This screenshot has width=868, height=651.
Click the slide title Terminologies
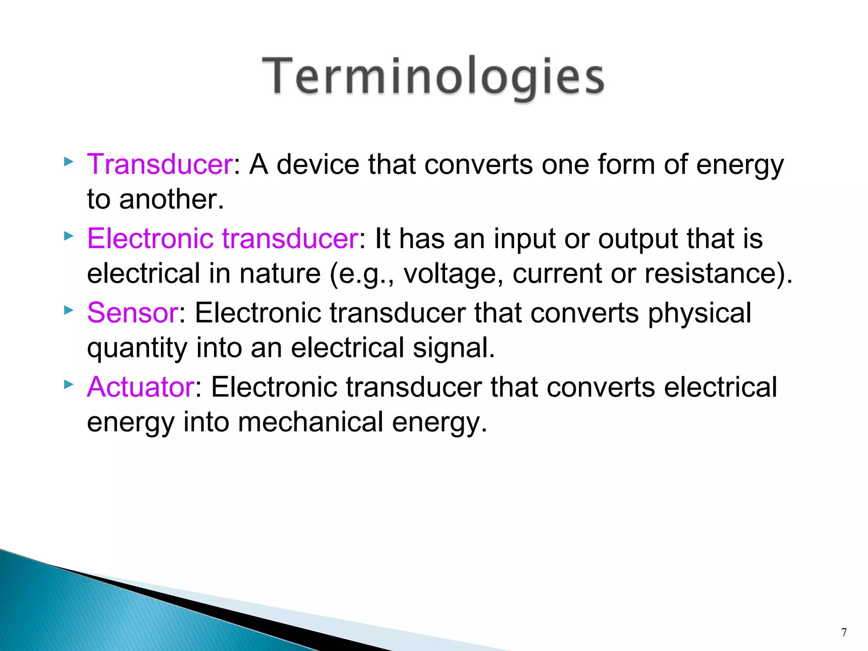433,76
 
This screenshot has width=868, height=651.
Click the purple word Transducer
160,164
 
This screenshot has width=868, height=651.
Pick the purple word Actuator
141,387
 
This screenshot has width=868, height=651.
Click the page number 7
844,632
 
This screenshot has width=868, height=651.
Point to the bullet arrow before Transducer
68,161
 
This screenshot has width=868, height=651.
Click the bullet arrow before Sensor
68,310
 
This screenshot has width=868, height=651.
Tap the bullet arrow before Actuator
68,384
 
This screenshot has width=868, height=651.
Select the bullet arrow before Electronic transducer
68,236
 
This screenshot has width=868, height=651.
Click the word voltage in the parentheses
449,274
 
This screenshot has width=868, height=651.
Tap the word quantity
137,348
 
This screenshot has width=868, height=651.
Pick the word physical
699,313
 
